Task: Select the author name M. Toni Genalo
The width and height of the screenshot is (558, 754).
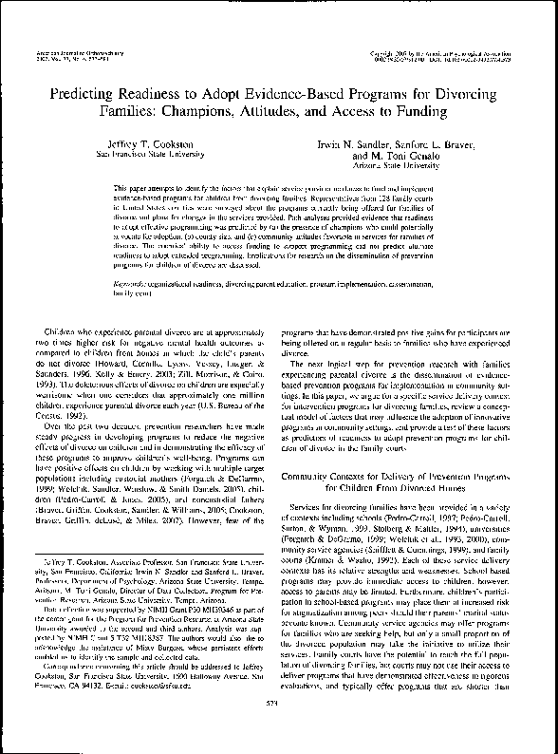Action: point(402,153)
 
